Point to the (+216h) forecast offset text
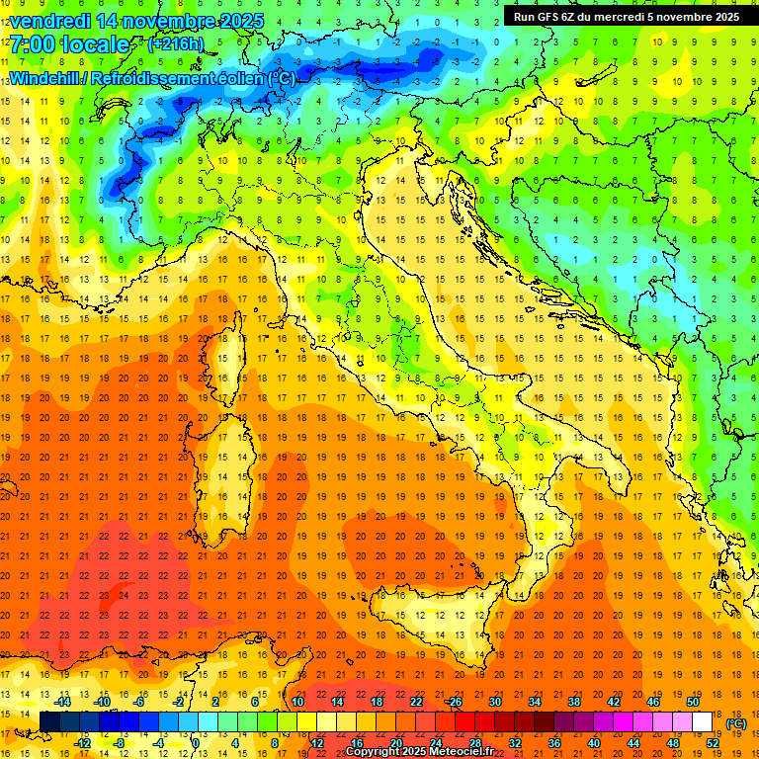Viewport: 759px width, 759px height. (176, 44)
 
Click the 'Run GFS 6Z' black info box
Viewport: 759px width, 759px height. (628, 16)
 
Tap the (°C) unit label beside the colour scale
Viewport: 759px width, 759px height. (736, 723)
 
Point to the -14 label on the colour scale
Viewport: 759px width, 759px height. (62, 702)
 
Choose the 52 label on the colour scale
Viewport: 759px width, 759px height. (713, 743)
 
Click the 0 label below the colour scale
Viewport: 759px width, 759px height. (196, 743)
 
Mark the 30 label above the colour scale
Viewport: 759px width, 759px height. (494, 702)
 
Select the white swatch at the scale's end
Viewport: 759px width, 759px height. (703, 722)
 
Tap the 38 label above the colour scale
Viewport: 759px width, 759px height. (574, 702)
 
